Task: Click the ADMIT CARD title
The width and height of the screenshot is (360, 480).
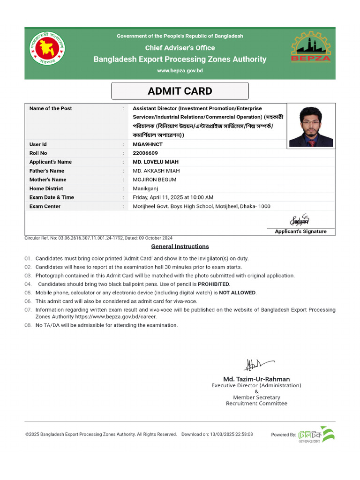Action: (180, 91)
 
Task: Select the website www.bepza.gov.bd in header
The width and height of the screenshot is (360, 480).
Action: (180, 70)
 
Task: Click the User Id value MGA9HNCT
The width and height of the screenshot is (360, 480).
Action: (148, 144)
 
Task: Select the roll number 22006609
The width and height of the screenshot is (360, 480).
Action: (145, 153)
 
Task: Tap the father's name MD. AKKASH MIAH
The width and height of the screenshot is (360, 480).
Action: (156, 171)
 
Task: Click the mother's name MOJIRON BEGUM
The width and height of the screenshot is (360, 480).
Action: (155, 180)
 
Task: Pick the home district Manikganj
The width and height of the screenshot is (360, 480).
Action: (146, 188)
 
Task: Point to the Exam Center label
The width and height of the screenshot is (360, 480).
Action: (45, 206)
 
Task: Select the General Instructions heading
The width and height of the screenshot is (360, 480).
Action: (180, 247)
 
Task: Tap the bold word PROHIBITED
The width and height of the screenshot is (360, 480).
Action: (213, 284)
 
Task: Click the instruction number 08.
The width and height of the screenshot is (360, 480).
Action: (28, 325)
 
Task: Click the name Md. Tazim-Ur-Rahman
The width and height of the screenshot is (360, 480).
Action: (256, 379)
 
